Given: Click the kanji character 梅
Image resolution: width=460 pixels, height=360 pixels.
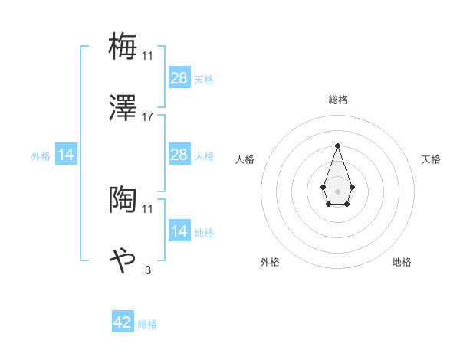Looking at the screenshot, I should click(123, 46).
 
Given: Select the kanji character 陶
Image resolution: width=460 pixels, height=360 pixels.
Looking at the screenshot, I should click(123, 199).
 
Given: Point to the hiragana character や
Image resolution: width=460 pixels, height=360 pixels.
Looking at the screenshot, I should click(123, 260).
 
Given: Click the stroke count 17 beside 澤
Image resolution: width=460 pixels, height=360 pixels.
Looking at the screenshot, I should click(148, 116).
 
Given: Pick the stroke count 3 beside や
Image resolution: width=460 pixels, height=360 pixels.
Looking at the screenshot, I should click(148, 270).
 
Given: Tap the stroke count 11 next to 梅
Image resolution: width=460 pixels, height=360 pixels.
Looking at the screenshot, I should click(148, 55).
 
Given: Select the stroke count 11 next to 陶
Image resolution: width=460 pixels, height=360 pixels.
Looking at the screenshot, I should click(148, 208).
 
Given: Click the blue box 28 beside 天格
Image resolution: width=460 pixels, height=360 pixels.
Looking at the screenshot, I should click(179, 78).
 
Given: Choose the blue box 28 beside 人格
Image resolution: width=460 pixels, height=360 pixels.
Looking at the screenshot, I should click(179, 155).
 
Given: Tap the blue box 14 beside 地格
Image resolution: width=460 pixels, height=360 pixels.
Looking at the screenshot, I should click(179, 231).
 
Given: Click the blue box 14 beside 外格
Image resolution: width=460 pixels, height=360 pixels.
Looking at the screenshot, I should click(66, 155).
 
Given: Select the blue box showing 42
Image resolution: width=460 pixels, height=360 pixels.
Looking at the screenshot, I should click(123, 322).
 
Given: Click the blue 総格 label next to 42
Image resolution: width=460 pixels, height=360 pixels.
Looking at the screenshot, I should click(147, 324).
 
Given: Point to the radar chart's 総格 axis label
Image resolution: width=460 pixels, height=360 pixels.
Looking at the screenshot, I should click(337, 100).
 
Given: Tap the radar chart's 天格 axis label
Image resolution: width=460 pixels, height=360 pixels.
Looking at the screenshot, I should click(432, 159).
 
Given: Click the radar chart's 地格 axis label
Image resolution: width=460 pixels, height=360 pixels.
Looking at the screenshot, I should click(402, 262).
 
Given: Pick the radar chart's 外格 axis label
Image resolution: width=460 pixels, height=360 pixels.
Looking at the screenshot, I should click(270, 262).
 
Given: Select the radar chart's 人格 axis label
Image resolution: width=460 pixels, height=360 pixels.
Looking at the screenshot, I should click(245, 159).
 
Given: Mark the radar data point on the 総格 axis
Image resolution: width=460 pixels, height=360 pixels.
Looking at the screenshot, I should click(337, 146).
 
